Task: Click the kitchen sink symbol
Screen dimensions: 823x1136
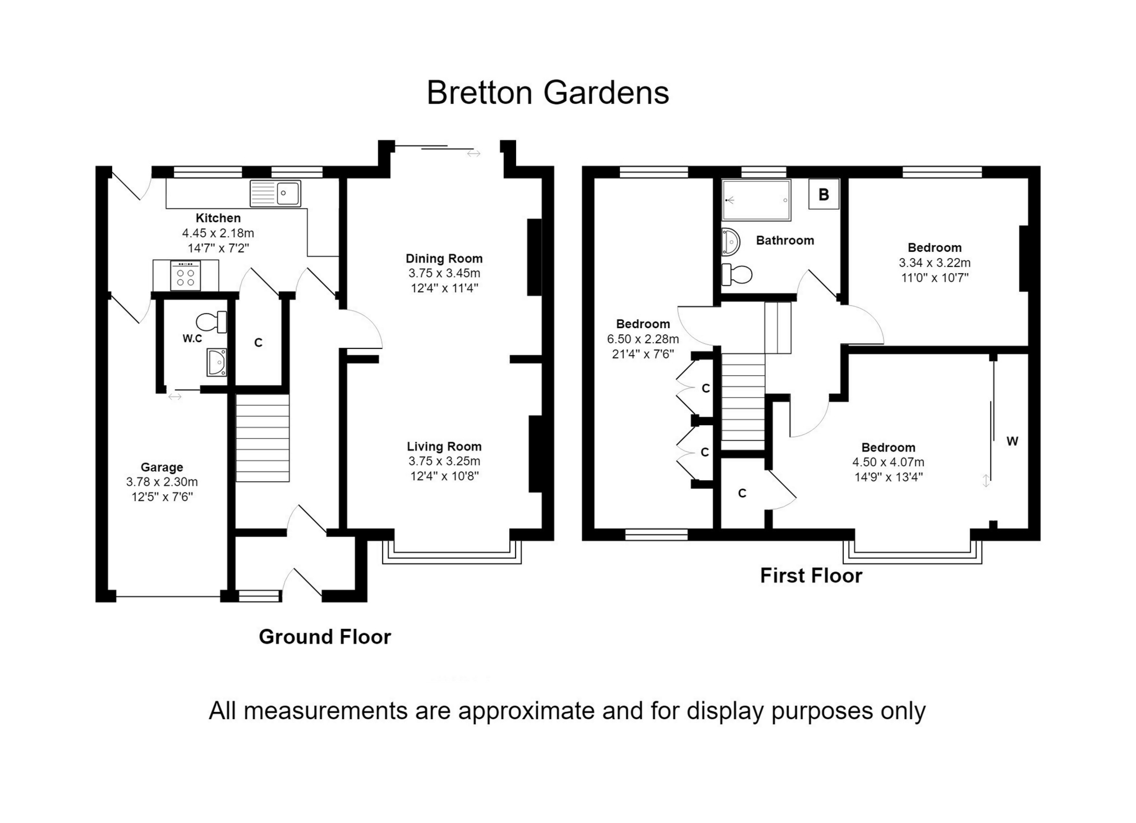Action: pos(275,194)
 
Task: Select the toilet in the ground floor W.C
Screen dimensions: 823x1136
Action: pos(211,322)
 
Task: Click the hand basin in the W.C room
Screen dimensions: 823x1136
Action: pos(217,362)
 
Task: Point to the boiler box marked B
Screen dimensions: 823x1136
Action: pos(824,195)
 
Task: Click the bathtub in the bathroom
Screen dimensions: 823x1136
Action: pos(756,200)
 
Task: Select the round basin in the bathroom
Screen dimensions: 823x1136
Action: pos(730,242)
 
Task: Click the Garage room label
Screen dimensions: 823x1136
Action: pos(162,467)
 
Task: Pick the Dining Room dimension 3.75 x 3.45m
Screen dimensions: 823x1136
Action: pos(444,273)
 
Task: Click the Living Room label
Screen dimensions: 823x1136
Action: pos(444,447)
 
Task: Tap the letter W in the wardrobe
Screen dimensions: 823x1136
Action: pos(1012,442)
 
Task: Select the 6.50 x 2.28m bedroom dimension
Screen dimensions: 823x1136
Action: pos(642,339)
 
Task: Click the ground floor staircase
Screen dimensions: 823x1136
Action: pos(262,438)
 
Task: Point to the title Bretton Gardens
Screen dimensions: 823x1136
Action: pos(548,93)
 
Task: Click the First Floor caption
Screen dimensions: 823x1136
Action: pos(811,576)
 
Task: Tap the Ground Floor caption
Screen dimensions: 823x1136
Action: pos(325,637)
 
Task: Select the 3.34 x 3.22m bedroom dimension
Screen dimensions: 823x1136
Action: pos(934,263)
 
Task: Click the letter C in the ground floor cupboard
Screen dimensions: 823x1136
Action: pos(258,343)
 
